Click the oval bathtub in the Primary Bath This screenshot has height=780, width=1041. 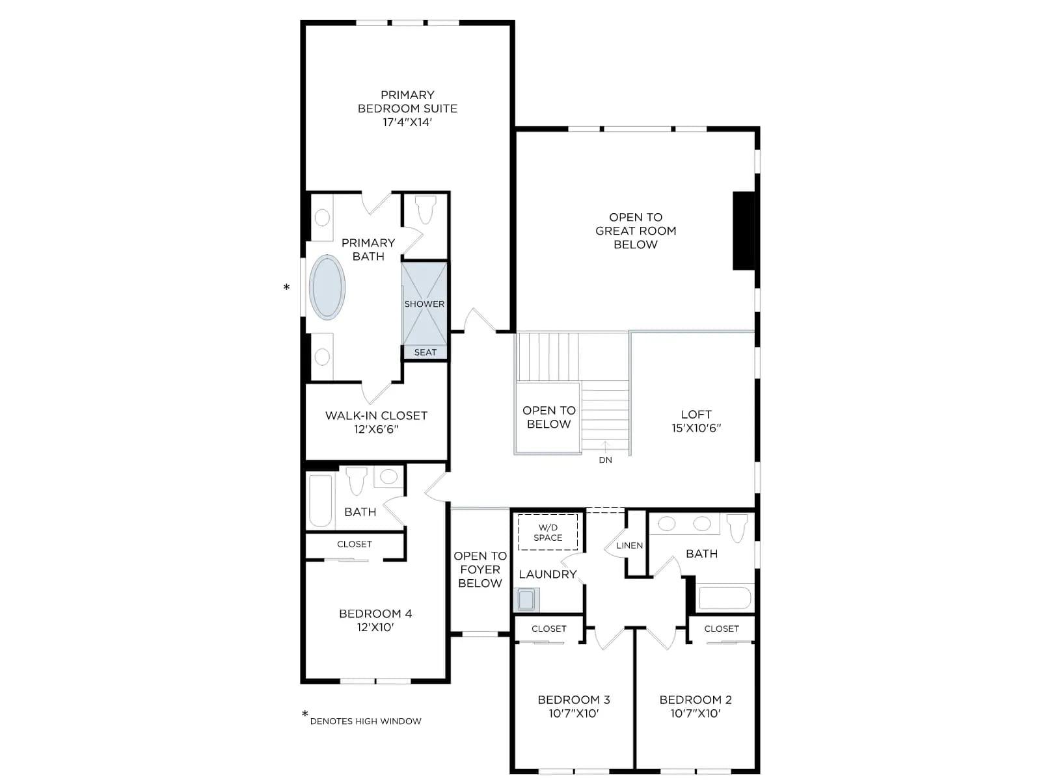click(327, 287)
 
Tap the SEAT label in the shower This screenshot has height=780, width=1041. click(425, 352)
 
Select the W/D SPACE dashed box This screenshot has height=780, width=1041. click(548, 532)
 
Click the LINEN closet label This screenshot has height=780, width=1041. click(629, 545)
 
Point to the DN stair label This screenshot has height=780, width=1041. click(605, 460)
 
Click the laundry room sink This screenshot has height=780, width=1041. click(526, 600)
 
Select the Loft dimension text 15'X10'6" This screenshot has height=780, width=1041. click(696, 428)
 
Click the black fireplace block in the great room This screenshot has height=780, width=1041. click(744, 231)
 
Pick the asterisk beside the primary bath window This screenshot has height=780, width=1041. click(286, 287)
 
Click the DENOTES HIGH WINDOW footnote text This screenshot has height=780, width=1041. click(365, 721)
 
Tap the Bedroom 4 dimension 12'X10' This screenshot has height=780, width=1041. click(375, 627)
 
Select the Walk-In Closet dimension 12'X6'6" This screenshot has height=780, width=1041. click(376, 429)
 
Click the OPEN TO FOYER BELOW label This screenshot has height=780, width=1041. click(480, 569)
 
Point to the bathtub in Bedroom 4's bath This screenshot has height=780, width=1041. click(320, 500)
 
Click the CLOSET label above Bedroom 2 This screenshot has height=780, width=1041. click(722, 629)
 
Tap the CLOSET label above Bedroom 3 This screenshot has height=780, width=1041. click(548, 629)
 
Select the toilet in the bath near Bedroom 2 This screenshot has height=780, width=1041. click(737, 528)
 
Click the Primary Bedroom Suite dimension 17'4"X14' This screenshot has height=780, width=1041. click(407, 122)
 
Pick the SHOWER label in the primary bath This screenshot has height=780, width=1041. click(424, 304)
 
